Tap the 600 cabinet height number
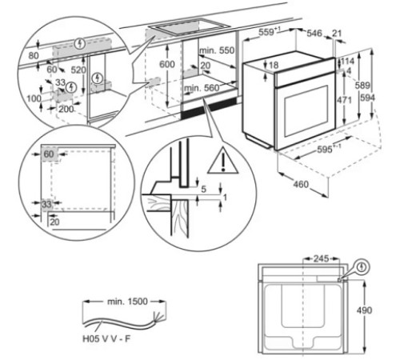click(x=167, y=64)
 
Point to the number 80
click(x=33, y=56)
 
